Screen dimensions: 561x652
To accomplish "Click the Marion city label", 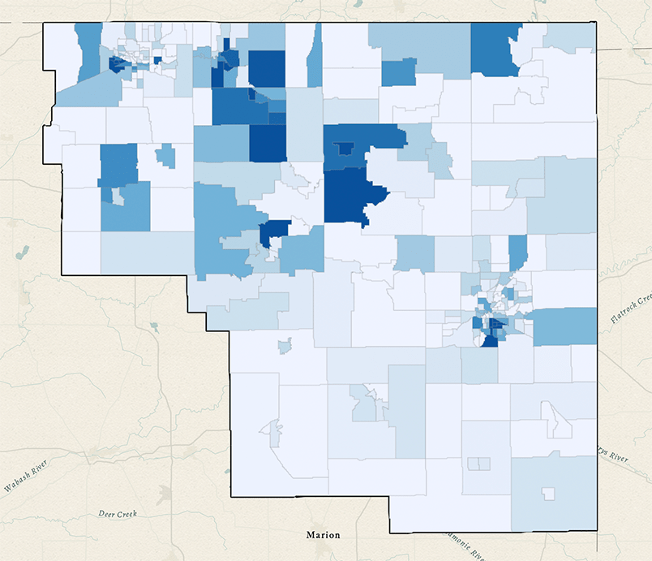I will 323,535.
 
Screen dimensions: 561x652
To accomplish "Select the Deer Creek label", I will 117,514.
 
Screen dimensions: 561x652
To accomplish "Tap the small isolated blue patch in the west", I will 165,155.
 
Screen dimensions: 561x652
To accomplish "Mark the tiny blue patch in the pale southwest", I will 284,347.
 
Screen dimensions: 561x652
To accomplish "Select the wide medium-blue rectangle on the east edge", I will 564,326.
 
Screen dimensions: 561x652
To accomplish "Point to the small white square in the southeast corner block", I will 549,493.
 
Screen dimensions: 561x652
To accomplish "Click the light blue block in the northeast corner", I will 569,36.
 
